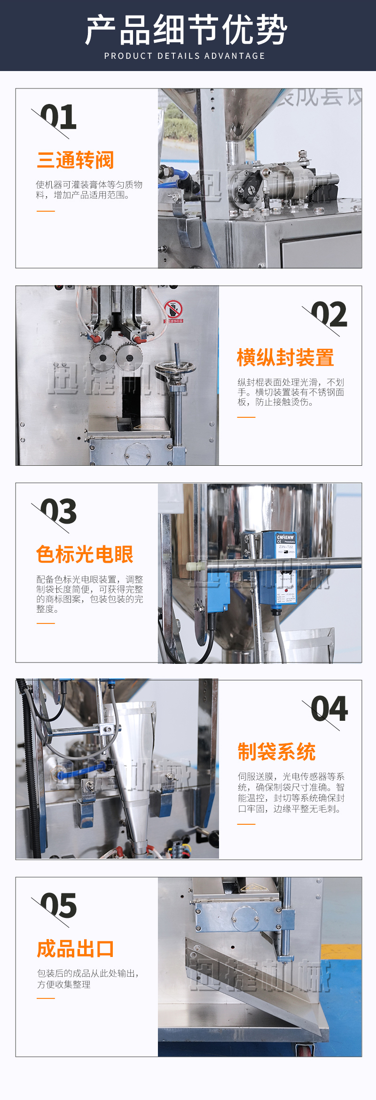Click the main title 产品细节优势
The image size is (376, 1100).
[186, 29]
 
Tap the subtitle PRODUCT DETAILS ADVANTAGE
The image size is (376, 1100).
[185, 56]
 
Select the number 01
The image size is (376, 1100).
[58, 117]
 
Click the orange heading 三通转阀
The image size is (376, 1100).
[76, 160]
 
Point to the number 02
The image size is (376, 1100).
[329, 315]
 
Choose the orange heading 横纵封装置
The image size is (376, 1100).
[285, 358]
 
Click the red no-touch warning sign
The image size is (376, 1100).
[173, 310]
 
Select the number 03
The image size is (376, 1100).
[58, 512]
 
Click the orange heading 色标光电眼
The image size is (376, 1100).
[85, 554]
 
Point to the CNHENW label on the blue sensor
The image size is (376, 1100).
[285, 537]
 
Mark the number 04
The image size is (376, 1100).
[329, 709]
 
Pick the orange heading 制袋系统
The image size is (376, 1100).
[276, 751]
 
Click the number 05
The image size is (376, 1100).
[58, 906]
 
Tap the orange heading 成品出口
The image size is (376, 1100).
[76, 949]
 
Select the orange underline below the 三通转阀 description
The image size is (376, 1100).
[46, 211]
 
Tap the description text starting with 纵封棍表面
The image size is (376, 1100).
[290, 392]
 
